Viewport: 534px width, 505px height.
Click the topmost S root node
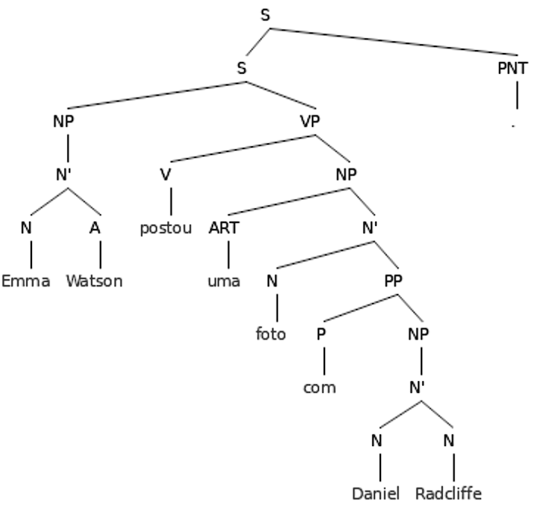point(266,15)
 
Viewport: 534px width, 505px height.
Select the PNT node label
point(512,69)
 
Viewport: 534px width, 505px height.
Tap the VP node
point(310,122)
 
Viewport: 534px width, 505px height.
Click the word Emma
point(26,281)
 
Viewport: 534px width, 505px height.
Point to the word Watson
point(94,281)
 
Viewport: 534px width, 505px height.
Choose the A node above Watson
point(95,228)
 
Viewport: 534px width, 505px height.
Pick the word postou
point(166,228)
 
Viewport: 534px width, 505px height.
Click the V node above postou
point(165,175)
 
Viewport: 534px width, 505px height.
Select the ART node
point(224,228)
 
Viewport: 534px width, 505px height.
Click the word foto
point(271,335)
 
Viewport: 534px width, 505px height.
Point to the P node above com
point(321,334)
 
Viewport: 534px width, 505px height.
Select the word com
point(320,388)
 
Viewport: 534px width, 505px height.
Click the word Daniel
point(377,494)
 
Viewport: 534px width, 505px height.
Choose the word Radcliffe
point(448,494)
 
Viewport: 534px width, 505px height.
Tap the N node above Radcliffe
point(448,441)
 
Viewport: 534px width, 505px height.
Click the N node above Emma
point(26,228)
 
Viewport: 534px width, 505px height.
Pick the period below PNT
point(514,125)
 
